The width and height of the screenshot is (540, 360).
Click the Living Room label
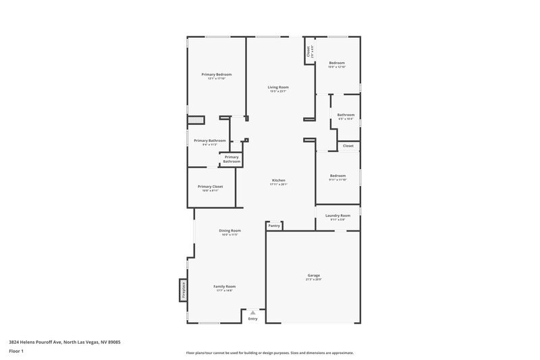(278, 87)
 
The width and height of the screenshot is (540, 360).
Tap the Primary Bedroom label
(217, 74)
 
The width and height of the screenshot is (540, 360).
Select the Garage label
(314, 275)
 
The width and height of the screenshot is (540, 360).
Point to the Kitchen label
(279, 180)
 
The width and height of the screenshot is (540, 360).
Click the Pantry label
(273, 226)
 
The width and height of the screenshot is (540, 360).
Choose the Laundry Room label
(337, 215)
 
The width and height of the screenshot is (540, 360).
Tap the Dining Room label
(230, 230)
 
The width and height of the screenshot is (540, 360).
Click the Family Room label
(224, 286)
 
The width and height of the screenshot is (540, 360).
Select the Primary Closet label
(210, 186)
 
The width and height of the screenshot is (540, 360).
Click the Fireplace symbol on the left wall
(182, 290)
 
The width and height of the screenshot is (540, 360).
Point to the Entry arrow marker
(252, 312)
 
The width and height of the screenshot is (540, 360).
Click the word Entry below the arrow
(252, 319)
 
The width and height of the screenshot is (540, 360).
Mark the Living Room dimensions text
(278, 91)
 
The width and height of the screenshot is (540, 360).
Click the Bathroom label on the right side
(346, 115)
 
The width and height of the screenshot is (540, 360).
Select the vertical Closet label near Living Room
(308, 51)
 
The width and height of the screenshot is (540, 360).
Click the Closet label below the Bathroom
(348, 146)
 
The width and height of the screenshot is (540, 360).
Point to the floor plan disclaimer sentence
(270, 353)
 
